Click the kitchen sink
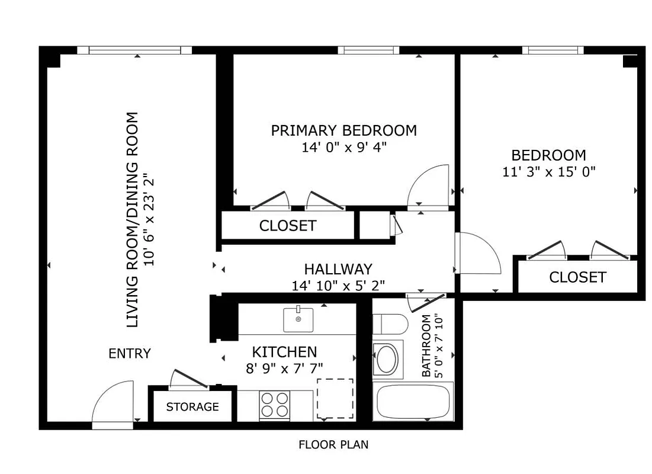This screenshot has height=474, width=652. point(298,319)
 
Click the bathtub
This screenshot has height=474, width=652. point(414,402)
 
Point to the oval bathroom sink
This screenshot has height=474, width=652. point(387,359)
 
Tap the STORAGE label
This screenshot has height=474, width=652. point(192,407)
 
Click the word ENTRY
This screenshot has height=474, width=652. point(130,354)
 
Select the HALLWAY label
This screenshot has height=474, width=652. point(338,269)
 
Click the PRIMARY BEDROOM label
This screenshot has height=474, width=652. point(343,130)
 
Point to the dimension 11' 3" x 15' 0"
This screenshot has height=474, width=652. point(548,172)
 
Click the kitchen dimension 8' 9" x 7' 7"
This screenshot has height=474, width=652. point(284,368)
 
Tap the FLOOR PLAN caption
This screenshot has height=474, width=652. point(333,444)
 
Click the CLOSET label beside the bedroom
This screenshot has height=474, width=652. point(577,277)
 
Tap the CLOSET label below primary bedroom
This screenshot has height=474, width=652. point(288,226)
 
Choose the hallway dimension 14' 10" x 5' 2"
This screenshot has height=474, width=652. point(338,286)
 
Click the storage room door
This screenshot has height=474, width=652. point(189,379)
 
